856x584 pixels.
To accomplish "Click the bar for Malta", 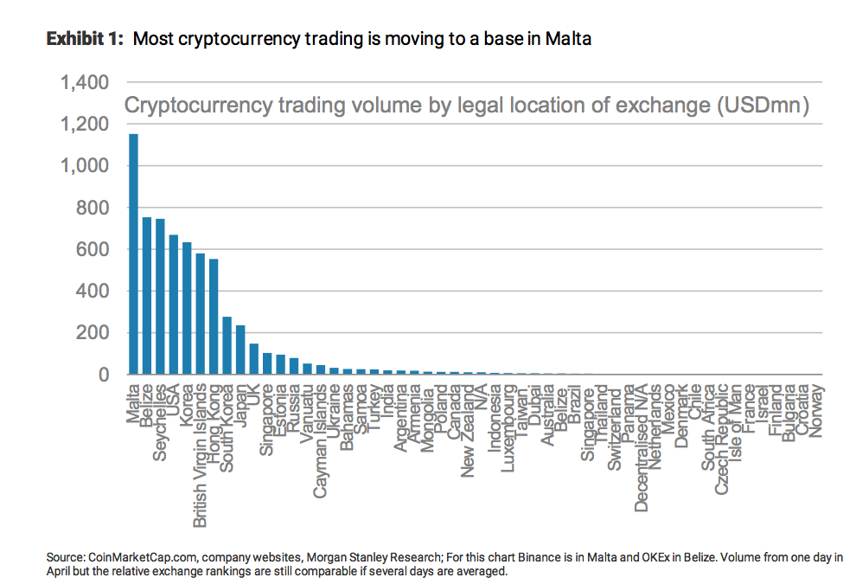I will (133, 254).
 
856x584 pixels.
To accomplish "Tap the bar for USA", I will (173, 305).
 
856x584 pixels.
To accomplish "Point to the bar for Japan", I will (240, 350).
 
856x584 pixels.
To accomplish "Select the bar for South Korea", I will (227, 345).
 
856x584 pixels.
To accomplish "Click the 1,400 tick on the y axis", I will (85, 83).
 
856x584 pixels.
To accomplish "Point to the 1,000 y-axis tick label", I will (85, 166).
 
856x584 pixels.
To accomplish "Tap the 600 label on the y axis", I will (91, 249).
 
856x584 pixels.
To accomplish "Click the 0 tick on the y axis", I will (102, 375).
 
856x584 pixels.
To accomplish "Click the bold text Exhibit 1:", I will (86, 39).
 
